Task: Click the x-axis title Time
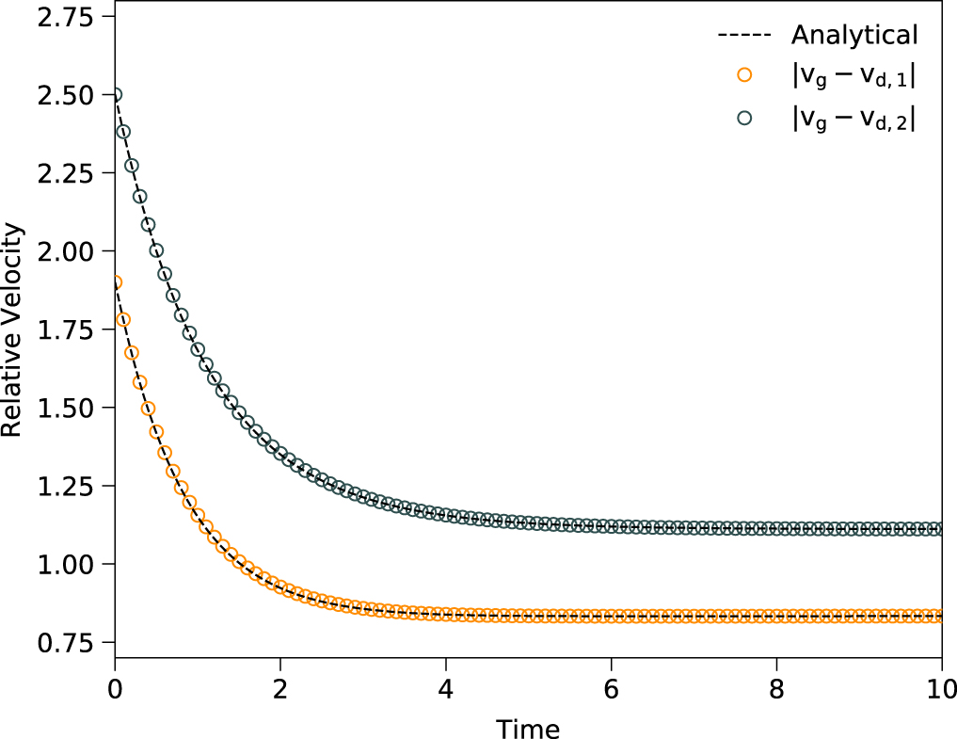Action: (528, 728)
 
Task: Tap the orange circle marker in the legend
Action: (745, 75)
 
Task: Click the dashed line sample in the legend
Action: (745, 36)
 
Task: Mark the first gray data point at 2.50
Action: (115, 95)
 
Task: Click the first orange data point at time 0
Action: (115, 282)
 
